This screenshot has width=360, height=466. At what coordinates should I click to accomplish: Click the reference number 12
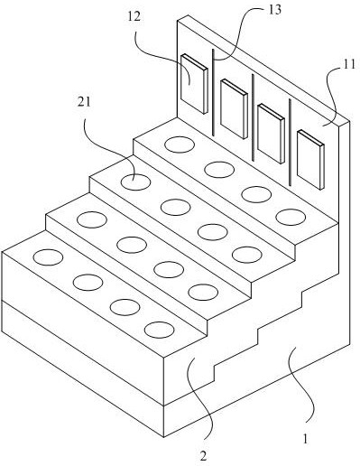pyautogui.click(x=134, y=17)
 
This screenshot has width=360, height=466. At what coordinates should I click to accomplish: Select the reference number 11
pyautogui.click(x=349, y=64)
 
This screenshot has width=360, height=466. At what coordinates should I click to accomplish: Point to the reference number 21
pyautogui.click(x=84, y=102)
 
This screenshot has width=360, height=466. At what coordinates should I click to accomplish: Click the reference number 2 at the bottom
pyautogui.click(x=204, y=456)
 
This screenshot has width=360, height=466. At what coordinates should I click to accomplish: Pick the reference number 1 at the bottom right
pyautogui.click(x=305, y=439)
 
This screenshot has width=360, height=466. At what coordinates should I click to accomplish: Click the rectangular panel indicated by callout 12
pyautogui.click(x=194, y=84)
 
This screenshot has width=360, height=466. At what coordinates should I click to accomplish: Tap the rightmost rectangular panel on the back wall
pyautogui.click(x=310, y=160)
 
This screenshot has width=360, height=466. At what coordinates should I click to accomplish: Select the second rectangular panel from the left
pyautogui.click(x=234, y=109)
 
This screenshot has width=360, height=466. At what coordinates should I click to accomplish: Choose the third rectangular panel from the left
pyautogui.click(x=271, y=134)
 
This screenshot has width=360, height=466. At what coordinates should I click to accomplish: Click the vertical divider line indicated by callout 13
pyautogui.click(x=213, y=92)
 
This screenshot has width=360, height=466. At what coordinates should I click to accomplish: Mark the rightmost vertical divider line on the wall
pyautogui.click(x=290, y=142)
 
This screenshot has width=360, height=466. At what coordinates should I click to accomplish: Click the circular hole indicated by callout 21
pyautogui.click(x=135, y=182)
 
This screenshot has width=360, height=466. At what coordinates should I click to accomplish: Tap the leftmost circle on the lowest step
pyautogui.click(x=48, y=257)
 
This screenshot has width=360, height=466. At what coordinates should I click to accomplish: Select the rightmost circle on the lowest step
pyautogui.click(x=159, y=330)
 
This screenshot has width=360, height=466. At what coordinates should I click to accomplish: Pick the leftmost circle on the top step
pyautogui.click(x=180, y=144)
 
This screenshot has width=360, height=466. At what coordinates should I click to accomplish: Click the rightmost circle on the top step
pyautogui.click(x=291, y=217)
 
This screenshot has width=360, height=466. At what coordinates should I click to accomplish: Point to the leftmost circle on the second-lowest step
pyautogui.click(x=92, y=219)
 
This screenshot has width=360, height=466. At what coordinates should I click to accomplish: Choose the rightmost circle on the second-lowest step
pyautogui.click(x=203, y=292)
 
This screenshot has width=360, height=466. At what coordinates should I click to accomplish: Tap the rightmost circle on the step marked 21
pyautogui.click(x=247, y=255)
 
